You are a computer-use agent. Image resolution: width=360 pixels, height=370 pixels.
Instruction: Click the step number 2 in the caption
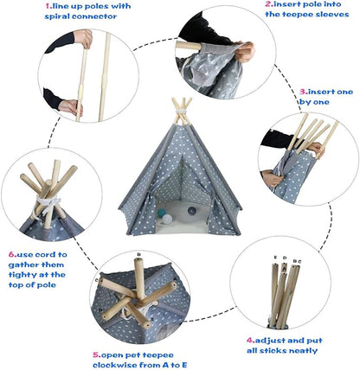243,5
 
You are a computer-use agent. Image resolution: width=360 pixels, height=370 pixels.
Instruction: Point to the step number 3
303,90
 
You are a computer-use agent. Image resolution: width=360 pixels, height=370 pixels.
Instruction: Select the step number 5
95,354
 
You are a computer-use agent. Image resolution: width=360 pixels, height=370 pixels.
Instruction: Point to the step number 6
10,254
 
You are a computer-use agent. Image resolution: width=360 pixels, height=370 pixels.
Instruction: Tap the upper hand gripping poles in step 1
82,39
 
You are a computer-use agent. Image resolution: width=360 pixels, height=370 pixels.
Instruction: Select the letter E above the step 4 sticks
273,258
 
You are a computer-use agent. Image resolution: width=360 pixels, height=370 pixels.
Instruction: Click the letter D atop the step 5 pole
138,253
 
